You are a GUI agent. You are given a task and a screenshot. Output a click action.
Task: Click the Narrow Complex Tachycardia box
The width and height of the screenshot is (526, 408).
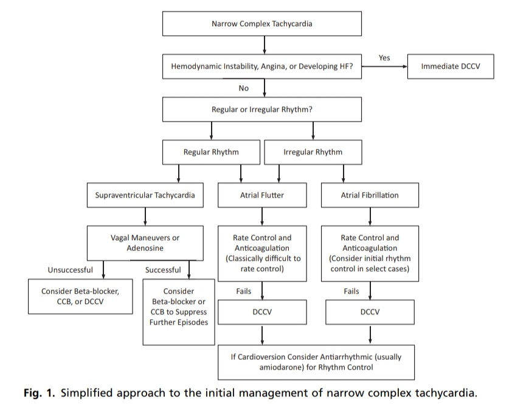click(262, 24)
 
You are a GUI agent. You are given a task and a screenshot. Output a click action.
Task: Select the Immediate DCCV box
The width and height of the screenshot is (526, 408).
click(451, 66)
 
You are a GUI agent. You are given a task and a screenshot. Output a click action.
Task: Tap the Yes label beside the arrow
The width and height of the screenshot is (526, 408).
click(384, 58)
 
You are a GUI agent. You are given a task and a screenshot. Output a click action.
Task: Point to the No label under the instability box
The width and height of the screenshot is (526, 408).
click(244, 88)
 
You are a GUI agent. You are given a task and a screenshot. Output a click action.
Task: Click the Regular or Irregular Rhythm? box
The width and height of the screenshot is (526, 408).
click(262, 109)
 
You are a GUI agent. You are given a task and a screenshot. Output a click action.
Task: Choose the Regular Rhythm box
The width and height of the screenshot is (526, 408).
click(211, 152)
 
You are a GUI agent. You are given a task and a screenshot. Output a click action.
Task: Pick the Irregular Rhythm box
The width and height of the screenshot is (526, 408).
click(313, 152)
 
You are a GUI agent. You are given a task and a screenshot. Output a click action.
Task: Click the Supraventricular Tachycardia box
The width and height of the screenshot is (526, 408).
click(145, 195)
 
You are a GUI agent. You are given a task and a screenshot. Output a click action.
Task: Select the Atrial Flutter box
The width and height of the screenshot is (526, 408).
click(262, 195)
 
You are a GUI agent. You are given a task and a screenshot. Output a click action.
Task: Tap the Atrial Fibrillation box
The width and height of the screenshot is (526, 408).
click(370, 195)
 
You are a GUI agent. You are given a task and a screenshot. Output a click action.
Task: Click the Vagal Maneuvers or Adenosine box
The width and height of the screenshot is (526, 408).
click(145, 243)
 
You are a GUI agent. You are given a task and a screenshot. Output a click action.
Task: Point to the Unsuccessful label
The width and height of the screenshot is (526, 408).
click(70, 270)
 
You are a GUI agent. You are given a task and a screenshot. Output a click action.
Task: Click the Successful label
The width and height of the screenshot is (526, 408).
click(163, 270)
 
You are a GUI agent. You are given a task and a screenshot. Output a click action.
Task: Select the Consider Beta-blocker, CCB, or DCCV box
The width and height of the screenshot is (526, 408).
click(80, 296)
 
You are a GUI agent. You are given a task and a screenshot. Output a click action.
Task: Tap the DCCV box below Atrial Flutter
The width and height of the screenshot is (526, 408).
click(262, 312)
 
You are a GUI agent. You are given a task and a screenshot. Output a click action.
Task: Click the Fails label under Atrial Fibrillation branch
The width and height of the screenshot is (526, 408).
click(351, 291)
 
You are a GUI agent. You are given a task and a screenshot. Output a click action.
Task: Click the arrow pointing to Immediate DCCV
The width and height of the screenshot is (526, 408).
click(384, 66)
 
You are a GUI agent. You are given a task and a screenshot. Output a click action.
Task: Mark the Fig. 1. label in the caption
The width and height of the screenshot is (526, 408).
click(39, 393)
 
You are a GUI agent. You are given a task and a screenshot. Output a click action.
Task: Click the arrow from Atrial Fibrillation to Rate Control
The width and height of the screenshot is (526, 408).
click(370, 216)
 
